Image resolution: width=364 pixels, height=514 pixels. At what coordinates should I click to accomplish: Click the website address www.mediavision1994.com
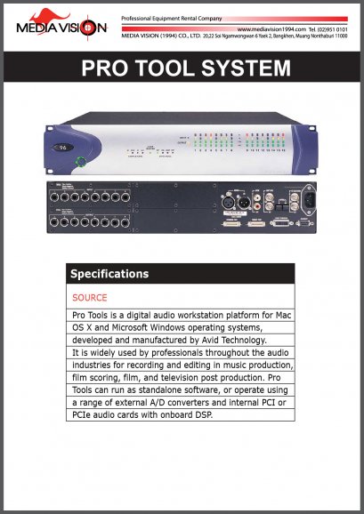point(272,29)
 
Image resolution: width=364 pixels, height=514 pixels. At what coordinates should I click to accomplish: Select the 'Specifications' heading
point(109,273)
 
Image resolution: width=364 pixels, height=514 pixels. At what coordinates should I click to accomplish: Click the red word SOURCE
point(89,297)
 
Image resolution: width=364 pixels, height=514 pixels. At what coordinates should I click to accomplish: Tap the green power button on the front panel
point(79,161)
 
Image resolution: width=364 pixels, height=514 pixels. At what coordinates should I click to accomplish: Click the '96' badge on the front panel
point(61,146)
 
